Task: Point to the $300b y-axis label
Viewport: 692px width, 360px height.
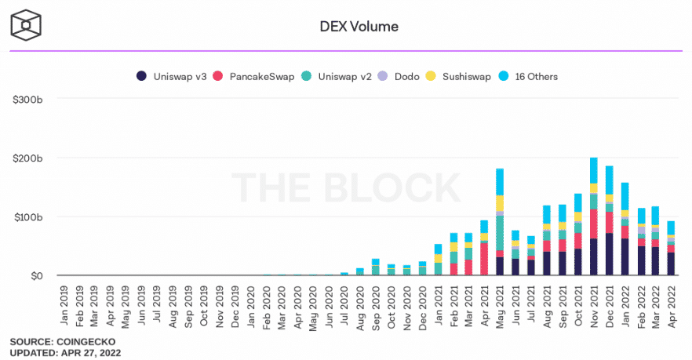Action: tap(27, 99)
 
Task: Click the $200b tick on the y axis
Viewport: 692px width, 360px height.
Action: tap(27, 158)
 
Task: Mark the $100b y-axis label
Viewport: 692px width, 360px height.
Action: tap(27, 216)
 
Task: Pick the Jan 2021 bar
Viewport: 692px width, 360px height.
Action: tap(438, 260)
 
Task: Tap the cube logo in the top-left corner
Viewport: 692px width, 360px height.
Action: tap(26, 26)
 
